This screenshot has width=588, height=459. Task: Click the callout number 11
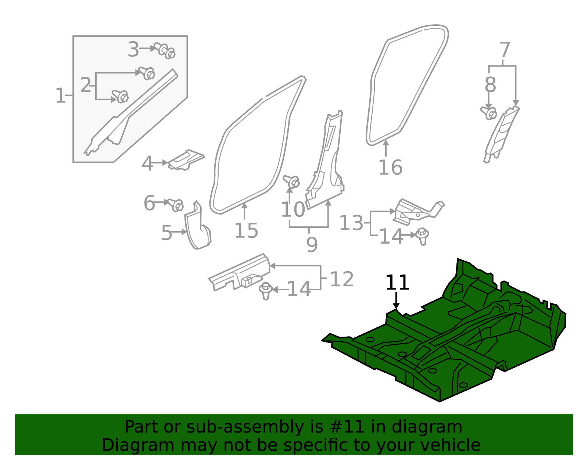tap(397, 283)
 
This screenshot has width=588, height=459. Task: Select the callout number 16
tap(390, 168)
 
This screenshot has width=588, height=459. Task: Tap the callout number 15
tap(246, 230)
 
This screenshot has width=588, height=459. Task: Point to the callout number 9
tap(312, 244)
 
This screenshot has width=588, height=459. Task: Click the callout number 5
tap(166, 233)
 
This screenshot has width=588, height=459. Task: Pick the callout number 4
tap(147, 164)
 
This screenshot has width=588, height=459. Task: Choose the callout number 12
tap(342, 279)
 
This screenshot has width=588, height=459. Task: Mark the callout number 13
tap(351, 223)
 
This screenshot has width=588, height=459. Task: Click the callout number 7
tap(505, 50)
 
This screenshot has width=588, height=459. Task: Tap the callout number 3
tap(133, 49)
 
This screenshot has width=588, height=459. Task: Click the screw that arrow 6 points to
tap(176, 205)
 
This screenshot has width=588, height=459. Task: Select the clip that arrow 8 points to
tap(489, 113)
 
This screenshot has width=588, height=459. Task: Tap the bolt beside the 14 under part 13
tap(422, 236)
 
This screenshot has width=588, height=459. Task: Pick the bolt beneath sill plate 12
tap(266, 291)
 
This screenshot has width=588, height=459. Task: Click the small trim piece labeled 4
tap(186, 160)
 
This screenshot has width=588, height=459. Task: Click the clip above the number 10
tap(291, 182)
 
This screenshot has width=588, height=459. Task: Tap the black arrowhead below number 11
tap(396, 306)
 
